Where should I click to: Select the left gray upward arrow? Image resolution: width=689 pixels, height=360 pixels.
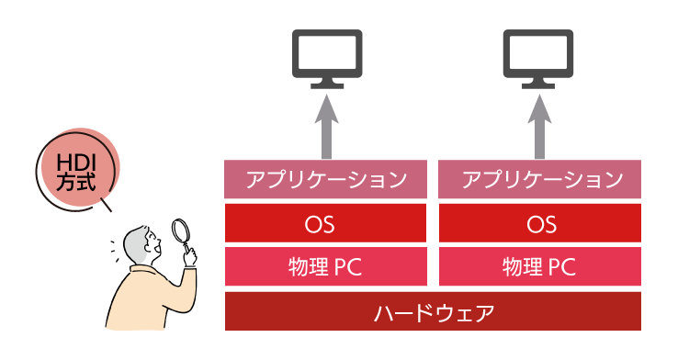[x=326, y=127]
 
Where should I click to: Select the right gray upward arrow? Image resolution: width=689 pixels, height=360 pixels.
[x=539, y=127]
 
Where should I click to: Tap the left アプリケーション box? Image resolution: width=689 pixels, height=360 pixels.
[x=325, y=179]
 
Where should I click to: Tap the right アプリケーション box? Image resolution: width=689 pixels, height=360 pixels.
[x=539, y=179]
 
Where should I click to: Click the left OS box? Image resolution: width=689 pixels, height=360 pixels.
[x=325, y=223]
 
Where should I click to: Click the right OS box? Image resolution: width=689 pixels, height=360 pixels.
[x=539, y=223]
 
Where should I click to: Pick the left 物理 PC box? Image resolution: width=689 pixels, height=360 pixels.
[x=325, y=266]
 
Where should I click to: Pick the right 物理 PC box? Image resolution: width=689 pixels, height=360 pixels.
[x=539, y=266]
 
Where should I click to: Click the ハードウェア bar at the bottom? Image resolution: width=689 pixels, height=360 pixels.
[x=433, y=311]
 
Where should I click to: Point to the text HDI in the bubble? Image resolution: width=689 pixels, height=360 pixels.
[x=76, y=163]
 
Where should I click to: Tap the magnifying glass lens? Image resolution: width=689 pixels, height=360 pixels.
[x=180, y=230]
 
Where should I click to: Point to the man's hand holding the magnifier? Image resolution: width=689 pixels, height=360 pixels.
[x=190, y=257]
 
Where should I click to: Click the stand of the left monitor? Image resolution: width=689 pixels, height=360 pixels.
[x=327, y=84]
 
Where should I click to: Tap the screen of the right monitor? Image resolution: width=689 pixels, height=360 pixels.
[x=538, y=51]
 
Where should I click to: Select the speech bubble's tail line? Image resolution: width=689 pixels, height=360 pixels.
[x=107, y=205]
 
